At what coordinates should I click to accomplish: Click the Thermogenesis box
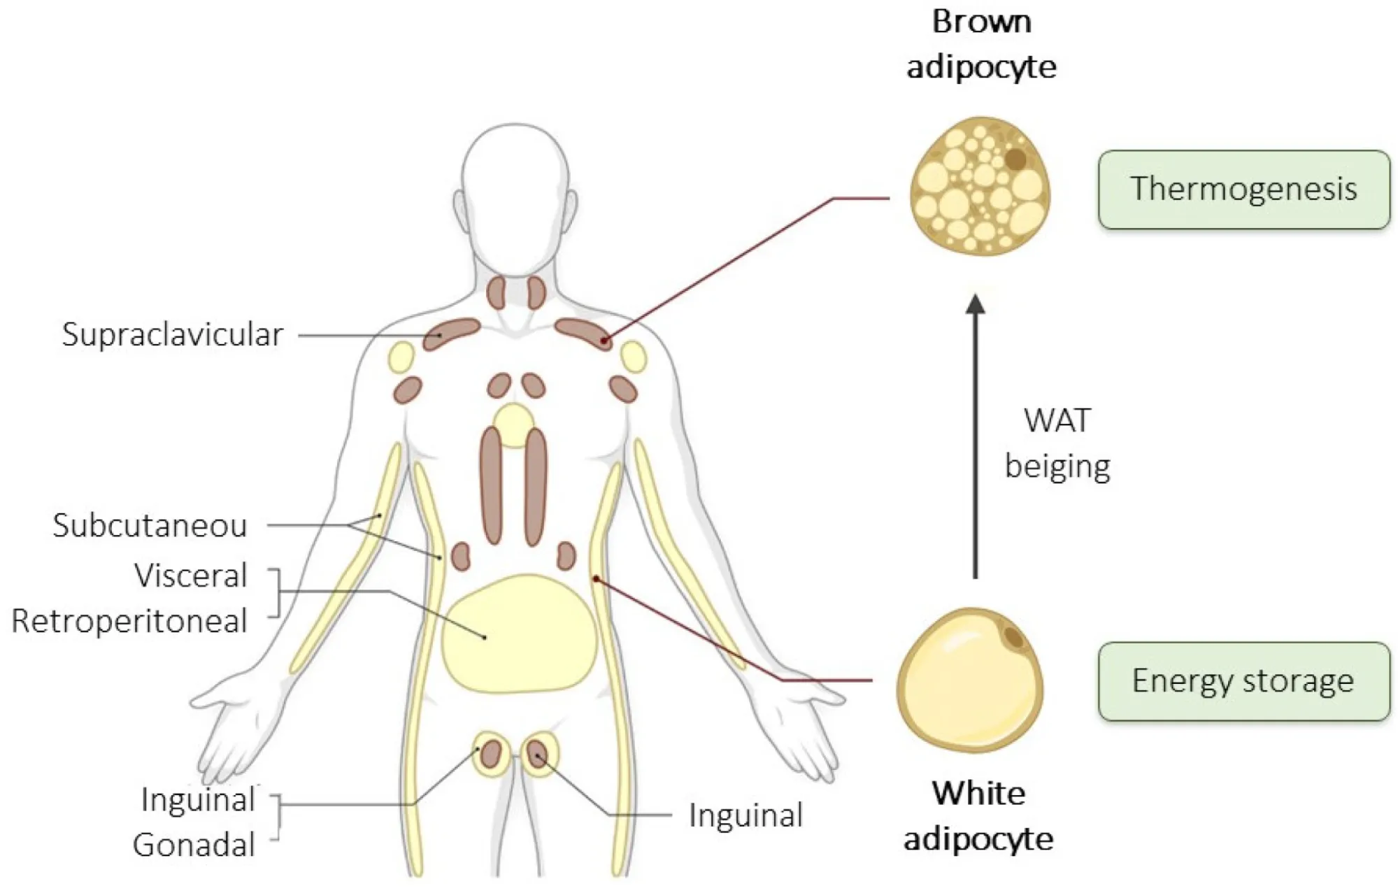pyautogui.click(x=1243, y=190)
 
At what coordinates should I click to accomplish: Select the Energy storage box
pyautogui.click(x=1243, y=681)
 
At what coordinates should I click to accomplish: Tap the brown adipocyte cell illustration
pyautogui.click(x=979, y=187)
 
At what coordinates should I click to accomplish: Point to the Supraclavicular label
pyautogui.click(x=172, y=334)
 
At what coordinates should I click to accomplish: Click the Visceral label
pyautogui.click(x=191, y=576)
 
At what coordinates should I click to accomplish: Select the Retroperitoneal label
pyautogui.click(x=129, y=621)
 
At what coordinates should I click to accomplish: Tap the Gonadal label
pyautogui.click(x=194, y=845)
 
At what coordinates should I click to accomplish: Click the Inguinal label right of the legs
pyautogui.click(x=746, y=815)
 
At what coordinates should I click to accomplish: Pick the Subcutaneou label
pyautogui.click(x=150, y=526)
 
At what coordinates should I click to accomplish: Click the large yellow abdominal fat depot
pyautogui.click(x=518, y=634)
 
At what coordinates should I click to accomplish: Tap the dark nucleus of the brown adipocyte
pyautogui.click(x=1015, y=159)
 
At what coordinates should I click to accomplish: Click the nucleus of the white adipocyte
pyautogui.click(x=1013, y=637)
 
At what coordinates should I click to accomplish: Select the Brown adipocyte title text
pyautogui.click(x=981, y=44)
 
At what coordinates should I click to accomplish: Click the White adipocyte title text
pyautogui.click(x=978, y=815)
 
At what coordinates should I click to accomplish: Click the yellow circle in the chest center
pyautogui.click(x=514, y=424)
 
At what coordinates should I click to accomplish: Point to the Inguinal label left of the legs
pyautogui.click(x=198, y=800)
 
